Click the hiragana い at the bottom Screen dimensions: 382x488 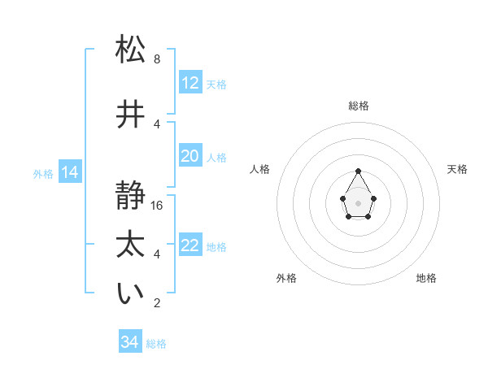click(x=130, y=295)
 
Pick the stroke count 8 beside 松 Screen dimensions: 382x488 click(x=157, y=59)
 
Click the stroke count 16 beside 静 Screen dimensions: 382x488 click(x=158, y=206)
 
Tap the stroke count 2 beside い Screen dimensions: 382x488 click(x=157, y=303)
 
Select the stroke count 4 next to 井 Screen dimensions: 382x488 click(x=157, y=124)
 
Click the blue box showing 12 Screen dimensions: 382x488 click(x=190, y=83)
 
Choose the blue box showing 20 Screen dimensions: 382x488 click(x=190, y=156)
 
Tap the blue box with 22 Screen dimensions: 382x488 click(x=190, y=245)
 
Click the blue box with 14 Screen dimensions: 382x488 click(x=69, y=172)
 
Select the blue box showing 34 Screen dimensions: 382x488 click(x=129, y=342)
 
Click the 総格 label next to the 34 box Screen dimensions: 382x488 click(x=156, y=344)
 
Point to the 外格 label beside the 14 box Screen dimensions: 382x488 click(x=43, y=173)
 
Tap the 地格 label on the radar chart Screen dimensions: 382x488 click(x=426, y=279)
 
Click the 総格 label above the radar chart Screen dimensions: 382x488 click(x=358, y=106)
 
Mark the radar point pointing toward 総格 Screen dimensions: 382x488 click(x=358, y=171)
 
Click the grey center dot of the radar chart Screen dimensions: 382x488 click(x=358, y=202)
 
